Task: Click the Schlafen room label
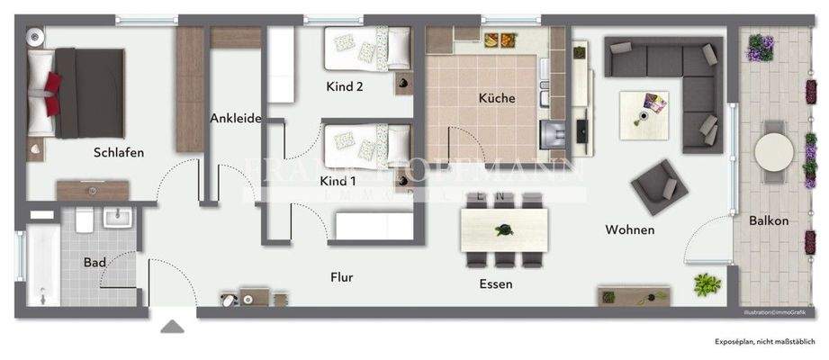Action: click(118, 152)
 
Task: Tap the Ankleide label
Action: click(235, 117)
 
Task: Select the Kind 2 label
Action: click(344, 87)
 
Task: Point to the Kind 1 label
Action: click(338, 181)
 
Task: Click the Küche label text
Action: click(496, 98)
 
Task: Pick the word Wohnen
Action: click(629, 230)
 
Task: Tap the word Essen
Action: click(496, 283)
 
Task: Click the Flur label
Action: click(340, 277)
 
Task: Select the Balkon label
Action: click(768, 220)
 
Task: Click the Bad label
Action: click(95, 263)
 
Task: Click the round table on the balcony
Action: click(772, 152)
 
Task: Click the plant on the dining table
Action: click(502, 229)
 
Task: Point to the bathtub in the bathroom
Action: click(41, 265)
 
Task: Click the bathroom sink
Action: click(117, 217)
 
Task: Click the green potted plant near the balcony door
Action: click(707, 285)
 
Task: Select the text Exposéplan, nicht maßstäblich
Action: click(764, 342)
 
